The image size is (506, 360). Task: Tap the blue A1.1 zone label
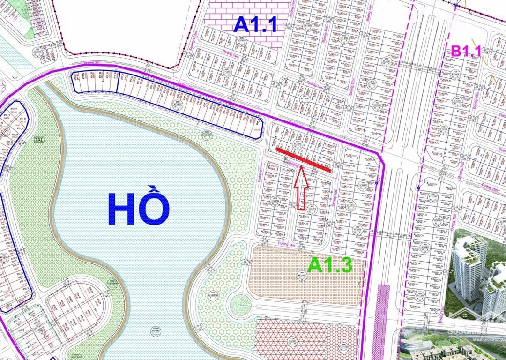256,25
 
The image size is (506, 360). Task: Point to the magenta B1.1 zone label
466,51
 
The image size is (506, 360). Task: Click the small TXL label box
38,139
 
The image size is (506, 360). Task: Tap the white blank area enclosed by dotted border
126,28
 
